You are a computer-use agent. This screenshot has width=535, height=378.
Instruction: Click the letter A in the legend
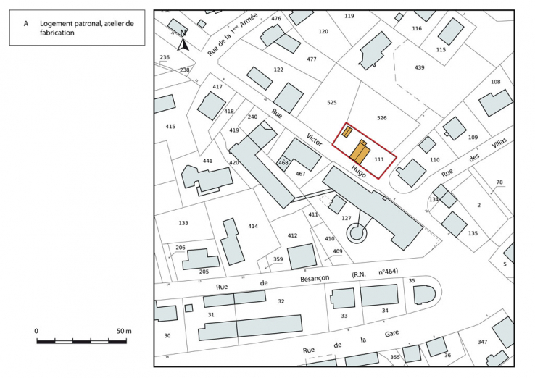click(x=26, y=23)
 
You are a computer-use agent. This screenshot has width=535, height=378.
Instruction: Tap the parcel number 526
click(x=383, y=117)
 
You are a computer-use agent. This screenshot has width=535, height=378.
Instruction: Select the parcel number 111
click(x=378, y=159)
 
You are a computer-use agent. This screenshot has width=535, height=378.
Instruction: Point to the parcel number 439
click(x=419, y=67)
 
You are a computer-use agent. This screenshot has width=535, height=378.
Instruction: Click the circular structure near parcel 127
click(x=356, y=232)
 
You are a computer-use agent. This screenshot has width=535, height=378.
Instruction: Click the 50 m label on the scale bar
click(x=124, y=331)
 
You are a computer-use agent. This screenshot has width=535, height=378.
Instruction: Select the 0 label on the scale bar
click(x=36, y=331)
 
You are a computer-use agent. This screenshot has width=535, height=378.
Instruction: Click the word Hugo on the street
click(x=359, y=170)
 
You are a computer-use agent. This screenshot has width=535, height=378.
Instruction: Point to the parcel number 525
click(x=332, y=103)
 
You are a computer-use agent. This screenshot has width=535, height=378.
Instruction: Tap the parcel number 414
click(x=253, y=227)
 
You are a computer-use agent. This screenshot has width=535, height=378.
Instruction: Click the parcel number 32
click(x=281, y=301)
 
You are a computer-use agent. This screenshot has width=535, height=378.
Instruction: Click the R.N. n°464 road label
click(x=375, y=274)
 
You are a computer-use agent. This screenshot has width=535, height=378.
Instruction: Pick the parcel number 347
click(x=482, y=341)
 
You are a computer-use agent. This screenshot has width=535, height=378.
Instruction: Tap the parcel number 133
click(x=183, y=223)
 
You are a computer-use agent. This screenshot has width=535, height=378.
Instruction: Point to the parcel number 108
click(x=496, y=82)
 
